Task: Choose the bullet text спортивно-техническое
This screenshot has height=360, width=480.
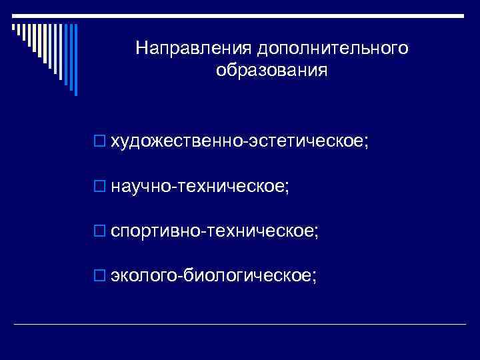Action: click(213, 231)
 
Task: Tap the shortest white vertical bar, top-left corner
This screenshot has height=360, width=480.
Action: click(13, 27)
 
